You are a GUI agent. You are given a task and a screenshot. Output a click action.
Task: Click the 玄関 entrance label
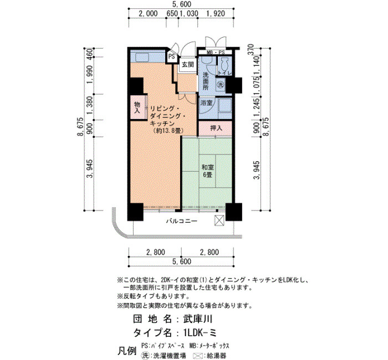pos(188,65)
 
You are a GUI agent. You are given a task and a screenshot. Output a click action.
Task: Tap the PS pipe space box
pos(171,56)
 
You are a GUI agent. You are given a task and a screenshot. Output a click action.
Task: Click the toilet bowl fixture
pos(224,65)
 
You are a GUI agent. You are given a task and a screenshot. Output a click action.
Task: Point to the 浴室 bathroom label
pos(207,102)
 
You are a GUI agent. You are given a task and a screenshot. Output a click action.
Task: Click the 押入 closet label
pos(216,128)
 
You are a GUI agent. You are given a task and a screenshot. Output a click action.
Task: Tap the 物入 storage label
pos(137,107)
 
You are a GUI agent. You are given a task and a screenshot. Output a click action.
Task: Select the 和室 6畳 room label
pos(208,171)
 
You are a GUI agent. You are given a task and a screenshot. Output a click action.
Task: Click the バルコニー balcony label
pos(182,221)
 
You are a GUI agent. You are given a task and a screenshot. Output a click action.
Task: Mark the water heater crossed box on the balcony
pos(219,220)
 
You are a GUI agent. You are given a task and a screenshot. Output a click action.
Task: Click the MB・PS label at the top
pos(216,53)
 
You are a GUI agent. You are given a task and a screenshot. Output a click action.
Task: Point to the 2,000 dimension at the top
pos(148,13)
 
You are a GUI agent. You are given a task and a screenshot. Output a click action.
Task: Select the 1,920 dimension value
pos(216,13)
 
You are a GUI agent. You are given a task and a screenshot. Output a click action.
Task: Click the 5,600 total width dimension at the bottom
pos(182,261)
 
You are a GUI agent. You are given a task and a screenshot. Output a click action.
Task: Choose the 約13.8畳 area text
pos(167,131)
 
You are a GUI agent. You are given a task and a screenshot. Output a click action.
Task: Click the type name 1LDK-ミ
pos(200,333)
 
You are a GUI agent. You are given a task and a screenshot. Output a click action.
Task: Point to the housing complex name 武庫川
pos(197,319)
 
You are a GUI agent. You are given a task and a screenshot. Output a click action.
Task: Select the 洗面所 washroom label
pos(206,81)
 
